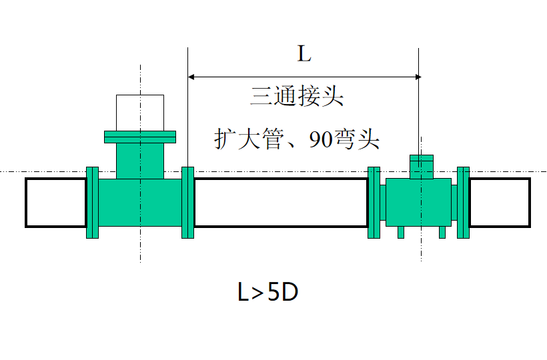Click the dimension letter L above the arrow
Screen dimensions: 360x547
pos(304,55)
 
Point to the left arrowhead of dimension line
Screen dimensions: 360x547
pos(192,77)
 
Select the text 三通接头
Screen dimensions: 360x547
pos(297,97)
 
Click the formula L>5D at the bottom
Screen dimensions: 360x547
pos(267,293)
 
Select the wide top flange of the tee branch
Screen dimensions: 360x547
pos(140,137)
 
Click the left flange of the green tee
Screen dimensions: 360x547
pos(93,202)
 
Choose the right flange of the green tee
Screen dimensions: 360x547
pos(188,202)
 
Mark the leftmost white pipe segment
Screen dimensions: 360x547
pos(55,203)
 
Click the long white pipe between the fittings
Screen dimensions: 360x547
pos(281,203)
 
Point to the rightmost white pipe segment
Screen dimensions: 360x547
pos(500,203)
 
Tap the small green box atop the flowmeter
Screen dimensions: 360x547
pos(421,167)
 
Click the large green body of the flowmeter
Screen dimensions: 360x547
pos(418,203)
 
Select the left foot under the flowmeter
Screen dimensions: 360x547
pos(400,232)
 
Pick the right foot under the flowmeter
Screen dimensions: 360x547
pos(442,232)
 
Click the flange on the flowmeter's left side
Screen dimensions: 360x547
pos(374,202)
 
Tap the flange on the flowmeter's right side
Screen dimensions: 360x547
pos(463,202)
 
